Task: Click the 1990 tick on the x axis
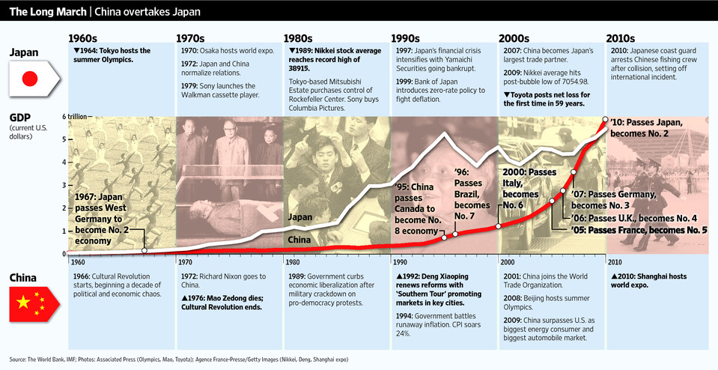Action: [400, 263]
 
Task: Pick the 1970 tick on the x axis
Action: [186, 263]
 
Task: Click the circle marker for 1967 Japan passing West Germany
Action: [144, 250]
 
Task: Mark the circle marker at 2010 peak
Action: [606, 119]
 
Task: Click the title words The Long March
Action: [43, 10]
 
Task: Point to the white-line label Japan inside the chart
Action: [300, 217]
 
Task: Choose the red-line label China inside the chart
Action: [299, 240]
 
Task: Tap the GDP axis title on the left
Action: [20, 118]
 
